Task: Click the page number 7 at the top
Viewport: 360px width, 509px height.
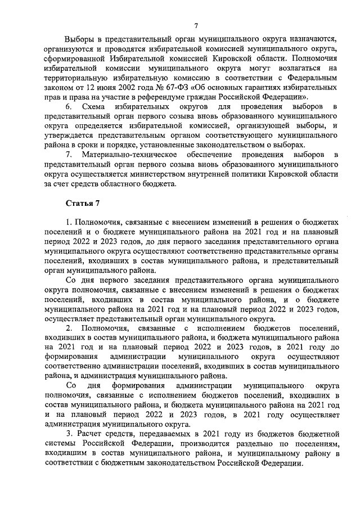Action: (x=196, y=24)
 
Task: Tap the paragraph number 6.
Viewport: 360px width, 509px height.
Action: (x=69, y=106)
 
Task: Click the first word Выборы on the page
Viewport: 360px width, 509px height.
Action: (x=80, y=39)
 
